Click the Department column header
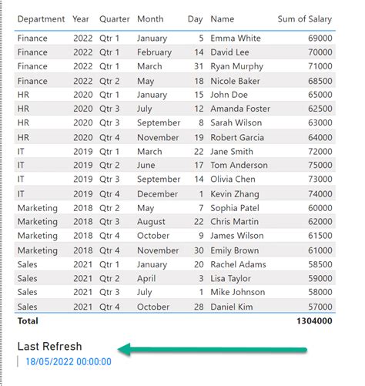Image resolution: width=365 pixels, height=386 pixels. coord(42,18)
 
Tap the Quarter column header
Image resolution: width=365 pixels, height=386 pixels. coord(114,18)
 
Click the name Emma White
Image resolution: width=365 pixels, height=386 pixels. coord(236,38)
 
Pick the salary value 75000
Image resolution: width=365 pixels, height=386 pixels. coord(320,165)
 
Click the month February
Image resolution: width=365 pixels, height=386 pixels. coord(154,52)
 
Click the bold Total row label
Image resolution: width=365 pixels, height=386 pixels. coord(28,321)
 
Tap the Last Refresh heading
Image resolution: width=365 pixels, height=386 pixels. coord(49,347)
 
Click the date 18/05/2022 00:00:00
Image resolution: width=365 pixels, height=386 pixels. coord(68,362)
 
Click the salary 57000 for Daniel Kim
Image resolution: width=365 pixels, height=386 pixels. coord(320,307)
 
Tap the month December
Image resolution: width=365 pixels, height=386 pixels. coord(156,194)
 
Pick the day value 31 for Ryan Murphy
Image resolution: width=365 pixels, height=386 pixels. coord(198,66)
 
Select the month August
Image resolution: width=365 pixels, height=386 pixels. coord(151,222)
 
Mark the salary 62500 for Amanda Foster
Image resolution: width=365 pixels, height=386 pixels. coord(320,109)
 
